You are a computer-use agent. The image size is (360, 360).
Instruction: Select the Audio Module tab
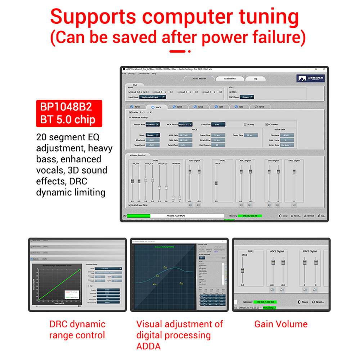pos(199,78)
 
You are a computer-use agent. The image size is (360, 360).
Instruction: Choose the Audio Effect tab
pos(230,78)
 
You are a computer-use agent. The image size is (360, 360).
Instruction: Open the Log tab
pos(255,78)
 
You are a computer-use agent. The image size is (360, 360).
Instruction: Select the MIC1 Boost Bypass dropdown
pos(247,97)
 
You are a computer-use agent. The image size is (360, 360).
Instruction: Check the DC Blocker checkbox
pos(267,124)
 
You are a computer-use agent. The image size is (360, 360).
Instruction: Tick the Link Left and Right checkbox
pos(130,205)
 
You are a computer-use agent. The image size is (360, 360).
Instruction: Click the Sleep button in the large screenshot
pos(283,216)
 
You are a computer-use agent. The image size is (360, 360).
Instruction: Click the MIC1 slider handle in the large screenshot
pos(216,183)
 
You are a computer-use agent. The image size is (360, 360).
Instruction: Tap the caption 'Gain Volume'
pos(281,324)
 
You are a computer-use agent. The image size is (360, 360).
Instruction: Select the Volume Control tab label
pos(137,155)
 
